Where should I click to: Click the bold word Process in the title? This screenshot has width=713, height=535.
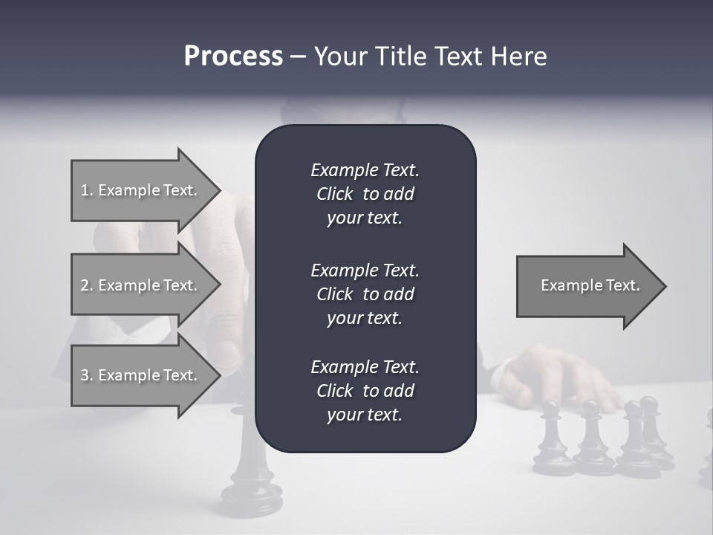tap(233, 56)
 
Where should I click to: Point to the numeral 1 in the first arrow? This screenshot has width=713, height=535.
tap(84, 190)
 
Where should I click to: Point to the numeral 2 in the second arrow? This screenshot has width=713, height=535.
tap(85, 285)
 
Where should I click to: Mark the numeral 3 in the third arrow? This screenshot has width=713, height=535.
tap(85, 375)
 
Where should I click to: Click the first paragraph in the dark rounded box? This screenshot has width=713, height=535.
tap(365, 194)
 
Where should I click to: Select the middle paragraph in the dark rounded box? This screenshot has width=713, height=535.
tap(365, 294)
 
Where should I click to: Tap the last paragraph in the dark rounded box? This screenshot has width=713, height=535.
tap(365, 391)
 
